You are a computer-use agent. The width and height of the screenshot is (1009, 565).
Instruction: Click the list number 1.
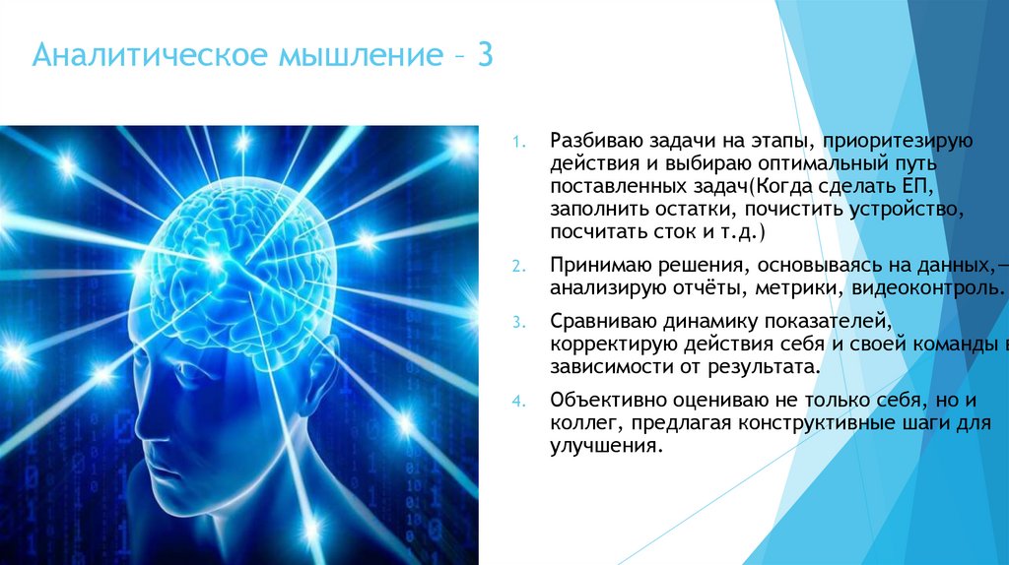pyautogui.click(x=522, y=141)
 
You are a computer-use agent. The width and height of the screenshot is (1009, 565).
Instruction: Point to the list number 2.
pyautogui.click(x=522, y=267)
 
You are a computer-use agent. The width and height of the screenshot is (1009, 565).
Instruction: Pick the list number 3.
pyautogui.click(x=522, y=322)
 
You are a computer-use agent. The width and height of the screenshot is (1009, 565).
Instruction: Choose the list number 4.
pyautogui.click(x=522, y=402)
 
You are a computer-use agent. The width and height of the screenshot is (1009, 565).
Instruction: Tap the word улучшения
pyautogui.click(x=603, y=446)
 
